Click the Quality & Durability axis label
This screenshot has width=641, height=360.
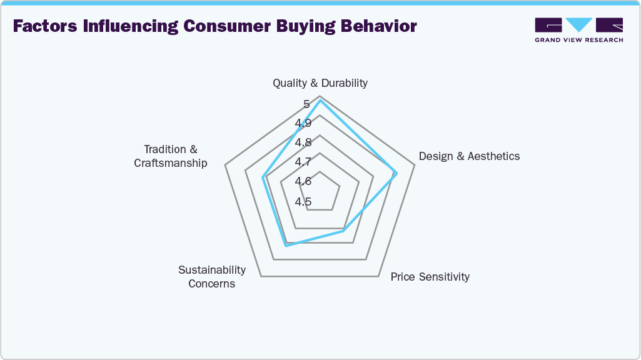pos(320,82)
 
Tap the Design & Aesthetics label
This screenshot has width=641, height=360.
pos(469,156)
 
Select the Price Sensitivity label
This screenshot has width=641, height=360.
pos(430,276)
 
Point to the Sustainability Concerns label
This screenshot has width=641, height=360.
pos(212,276)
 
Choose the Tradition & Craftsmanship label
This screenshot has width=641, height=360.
pos(171,156)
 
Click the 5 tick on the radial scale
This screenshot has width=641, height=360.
pos(306,104)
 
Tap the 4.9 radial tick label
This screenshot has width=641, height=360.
pos(303,122)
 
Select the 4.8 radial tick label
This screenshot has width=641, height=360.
pos(303,142)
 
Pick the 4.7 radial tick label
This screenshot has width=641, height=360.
pos(303,162)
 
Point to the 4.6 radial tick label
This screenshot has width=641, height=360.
pos(303,181)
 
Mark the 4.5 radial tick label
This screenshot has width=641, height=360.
pos(303,201)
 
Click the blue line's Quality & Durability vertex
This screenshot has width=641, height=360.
pos(320,100)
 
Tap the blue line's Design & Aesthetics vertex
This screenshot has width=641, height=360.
pos(396,174)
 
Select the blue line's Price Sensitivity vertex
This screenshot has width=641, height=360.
pos(343,231)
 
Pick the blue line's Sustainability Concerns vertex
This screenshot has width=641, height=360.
pos(286,246)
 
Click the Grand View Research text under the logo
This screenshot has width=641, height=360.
pos(578,40)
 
